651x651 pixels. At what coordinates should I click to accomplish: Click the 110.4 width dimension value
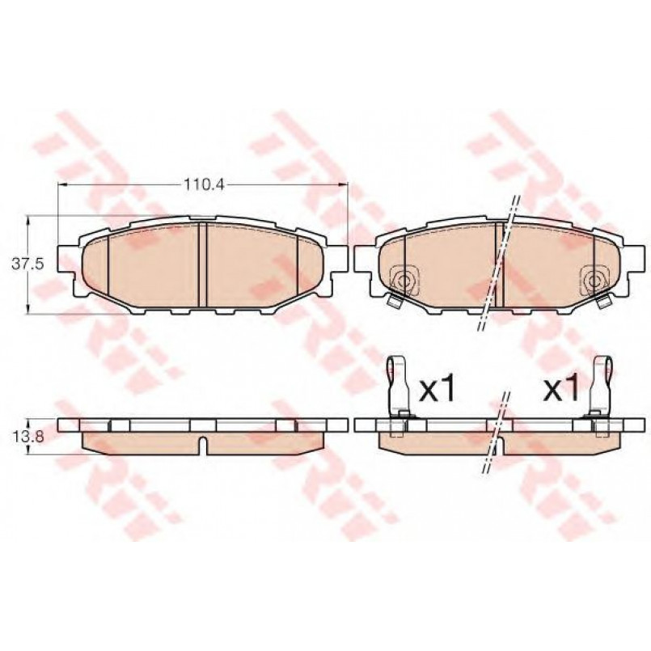pos(204,184)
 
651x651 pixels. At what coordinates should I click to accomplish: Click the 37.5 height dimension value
pos(27,264)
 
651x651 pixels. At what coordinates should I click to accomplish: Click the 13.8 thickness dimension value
pos(27,437)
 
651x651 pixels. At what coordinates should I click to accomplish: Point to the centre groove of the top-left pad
pos(203,265)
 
